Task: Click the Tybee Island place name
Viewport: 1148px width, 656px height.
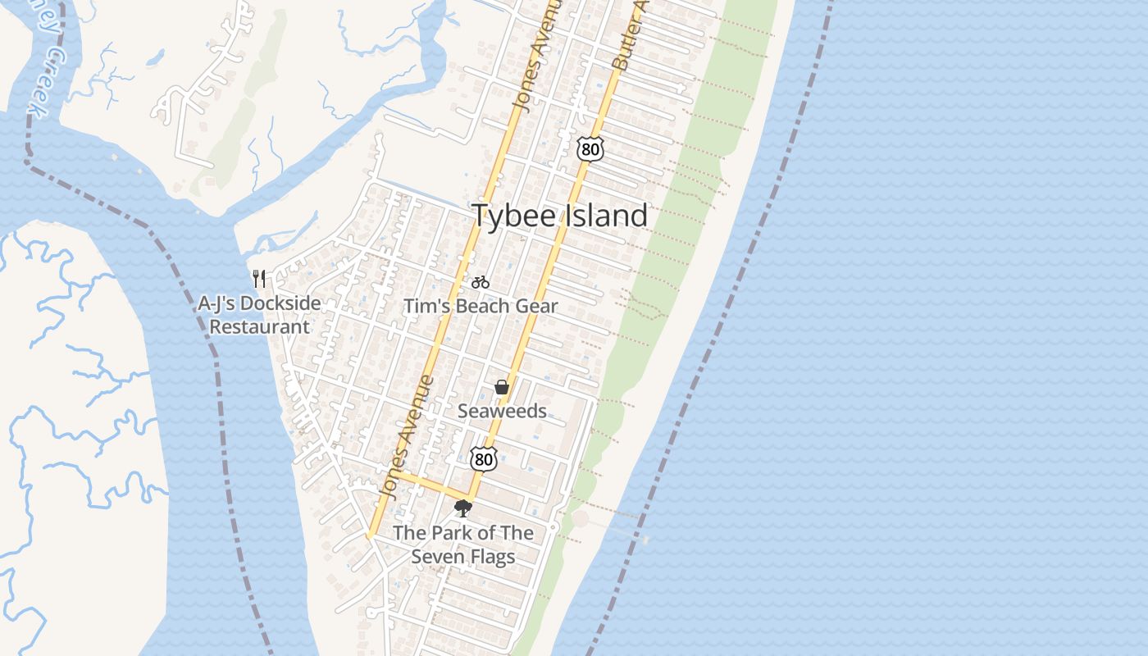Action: click(x=560, y=216)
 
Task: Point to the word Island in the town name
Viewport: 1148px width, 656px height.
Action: click(x=606, y=216)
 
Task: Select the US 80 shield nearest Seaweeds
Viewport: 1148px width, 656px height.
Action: click(x=484, y=459)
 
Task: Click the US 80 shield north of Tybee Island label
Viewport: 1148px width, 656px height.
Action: click(x=590, y=148)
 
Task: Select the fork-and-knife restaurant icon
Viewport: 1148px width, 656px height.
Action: click(x=259, y=279)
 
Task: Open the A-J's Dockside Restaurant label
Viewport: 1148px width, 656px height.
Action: click(x=259, y=315)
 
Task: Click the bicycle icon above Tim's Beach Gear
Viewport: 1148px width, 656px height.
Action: click(x=481, y=282)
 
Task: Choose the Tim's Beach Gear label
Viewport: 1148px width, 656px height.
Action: click(x=481, y=306)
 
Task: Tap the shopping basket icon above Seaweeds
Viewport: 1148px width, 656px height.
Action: click(x=502, y=387)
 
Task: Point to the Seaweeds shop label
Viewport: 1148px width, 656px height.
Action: click(x=502, y=411)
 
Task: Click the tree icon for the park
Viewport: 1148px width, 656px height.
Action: click(x=462, y=508)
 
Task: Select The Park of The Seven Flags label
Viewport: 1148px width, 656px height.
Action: click(x=463, y=544)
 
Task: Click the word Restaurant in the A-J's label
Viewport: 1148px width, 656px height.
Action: click(x=259, y=326)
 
